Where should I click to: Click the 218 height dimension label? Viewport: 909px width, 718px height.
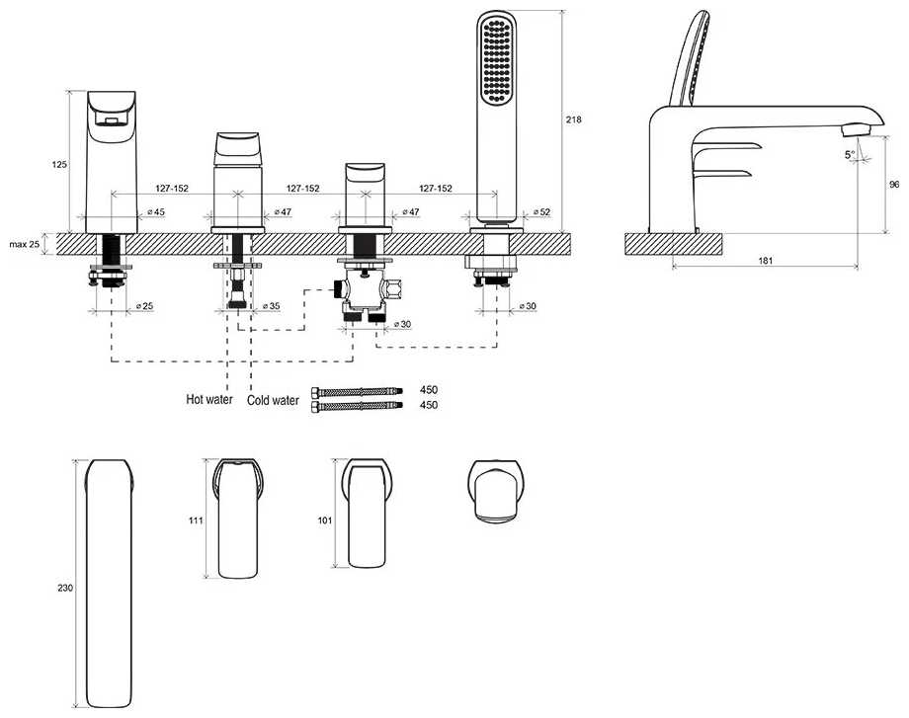pos(574,120)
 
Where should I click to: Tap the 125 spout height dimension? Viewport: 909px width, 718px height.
pos(61,165)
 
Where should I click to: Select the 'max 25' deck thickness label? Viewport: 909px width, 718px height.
pos(24,243)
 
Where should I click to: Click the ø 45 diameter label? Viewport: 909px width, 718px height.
pos(155,212)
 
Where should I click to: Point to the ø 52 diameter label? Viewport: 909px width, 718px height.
pos(540,212)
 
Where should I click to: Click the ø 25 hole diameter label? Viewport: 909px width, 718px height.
pos(143,307)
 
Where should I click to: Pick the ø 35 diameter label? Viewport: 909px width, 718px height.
pos(270,307)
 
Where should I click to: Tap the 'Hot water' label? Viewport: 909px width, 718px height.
pos(209,400)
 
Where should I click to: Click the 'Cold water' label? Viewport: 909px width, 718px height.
pos(273,400)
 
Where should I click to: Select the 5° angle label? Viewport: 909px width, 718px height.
pos(849,155)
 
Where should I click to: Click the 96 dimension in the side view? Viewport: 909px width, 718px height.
pos(893,184)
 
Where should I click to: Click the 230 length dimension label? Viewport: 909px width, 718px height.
pos(65,588)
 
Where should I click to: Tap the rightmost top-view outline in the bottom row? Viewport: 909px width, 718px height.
pos(495,491)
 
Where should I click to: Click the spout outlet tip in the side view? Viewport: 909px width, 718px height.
pos(852,130)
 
